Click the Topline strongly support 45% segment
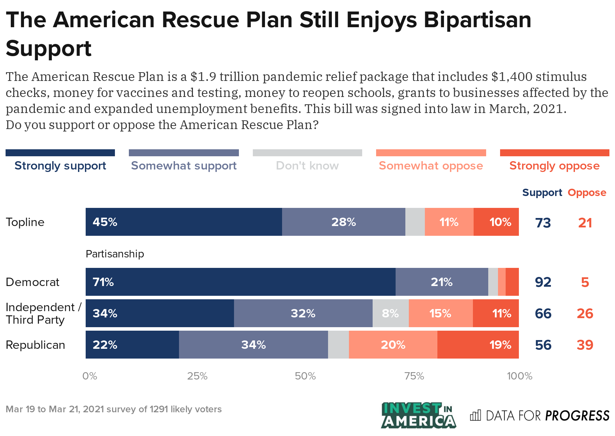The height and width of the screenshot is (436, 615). point(184,222)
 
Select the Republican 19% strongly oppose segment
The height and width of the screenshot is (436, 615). point(478,345)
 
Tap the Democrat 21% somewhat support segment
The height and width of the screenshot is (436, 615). point(442,282)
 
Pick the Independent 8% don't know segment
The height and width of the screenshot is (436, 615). point(390,313)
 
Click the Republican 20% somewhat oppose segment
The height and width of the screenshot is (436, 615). point(393,345)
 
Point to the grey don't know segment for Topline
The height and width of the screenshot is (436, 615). point(415,222)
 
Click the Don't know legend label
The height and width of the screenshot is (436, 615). point(307,165)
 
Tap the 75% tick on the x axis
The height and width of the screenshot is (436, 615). point(414,376)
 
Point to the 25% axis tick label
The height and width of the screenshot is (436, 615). point(197,376)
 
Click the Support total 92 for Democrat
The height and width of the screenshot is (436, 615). point(543,282)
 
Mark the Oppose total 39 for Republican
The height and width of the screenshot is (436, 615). point(585,345)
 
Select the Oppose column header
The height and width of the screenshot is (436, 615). point(587,193)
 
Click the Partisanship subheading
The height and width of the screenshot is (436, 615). point(115,254)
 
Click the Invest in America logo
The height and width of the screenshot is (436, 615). point(418,415)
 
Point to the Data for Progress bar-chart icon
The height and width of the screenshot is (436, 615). point(475,415)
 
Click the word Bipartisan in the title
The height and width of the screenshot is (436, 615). point(477,20)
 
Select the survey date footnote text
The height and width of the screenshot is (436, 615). point(114,409)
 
